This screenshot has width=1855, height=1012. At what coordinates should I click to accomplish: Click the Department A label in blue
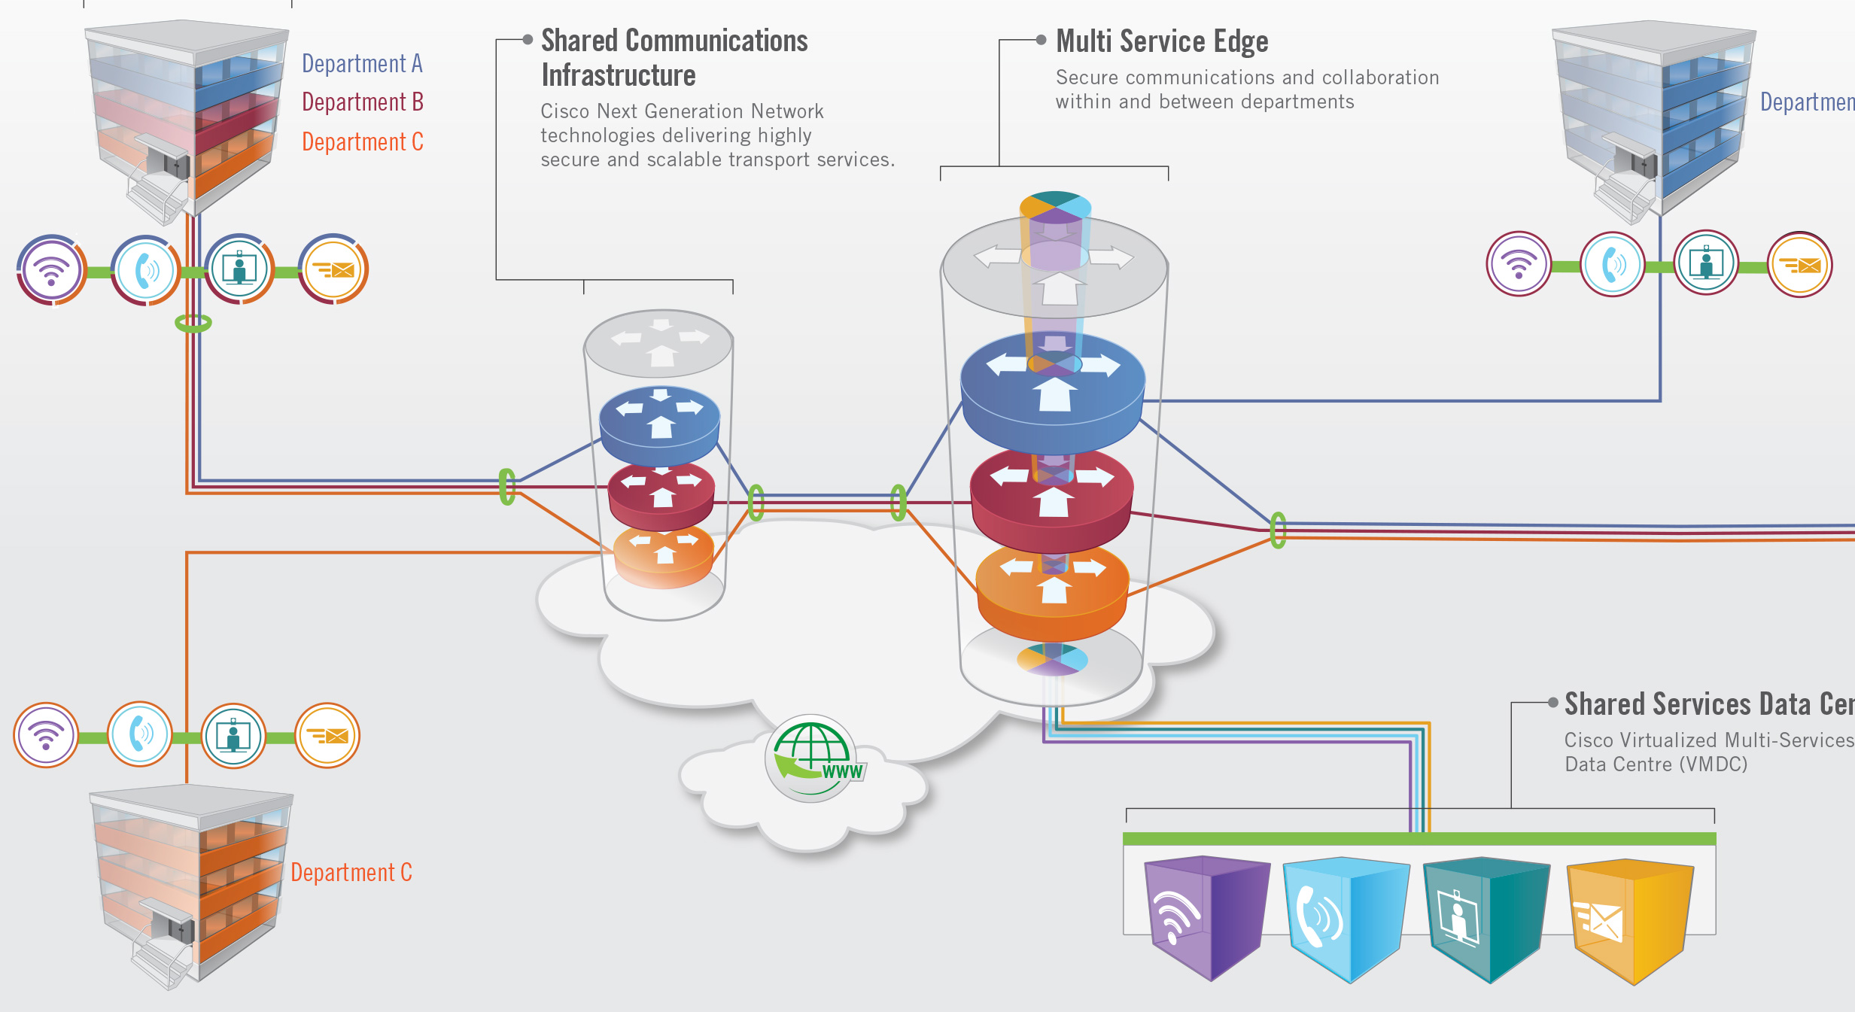[x=362, y=64]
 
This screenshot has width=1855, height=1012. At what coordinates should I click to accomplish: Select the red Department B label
[x=363, y=102]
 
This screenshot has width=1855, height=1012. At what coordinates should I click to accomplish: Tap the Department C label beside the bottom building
[x=351, y=873]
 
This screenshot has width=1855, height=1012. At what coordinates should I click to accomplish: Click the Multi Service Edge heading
[x=1161, y=41]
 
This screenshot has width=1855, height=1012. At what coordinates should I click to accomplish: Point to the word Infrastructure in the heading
[x=618, y=76]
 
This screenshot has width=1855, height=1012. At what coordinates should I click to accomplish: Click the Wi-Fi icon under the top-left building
[x=51, y=269]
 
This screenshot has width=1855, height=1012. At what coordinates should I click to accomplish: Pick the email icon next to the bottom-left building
[x=327, y=735]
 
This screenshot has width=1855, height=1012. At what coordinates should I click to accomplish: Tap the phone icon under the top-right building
[x=1612, y=264]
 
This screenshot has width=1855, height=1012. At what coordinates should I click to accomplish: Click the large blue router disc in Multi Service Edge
[x=1054, y=391]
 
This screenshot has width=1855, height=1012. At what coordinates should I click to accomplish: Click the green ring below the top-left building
[x=193, y=324]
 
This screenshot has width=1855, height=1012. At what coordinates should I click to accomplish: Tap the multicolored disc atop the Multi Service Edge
[x=1055, y=207]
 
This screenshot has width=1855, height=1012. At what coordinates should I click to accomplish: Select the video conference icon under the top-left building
[x=239, y=269]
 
